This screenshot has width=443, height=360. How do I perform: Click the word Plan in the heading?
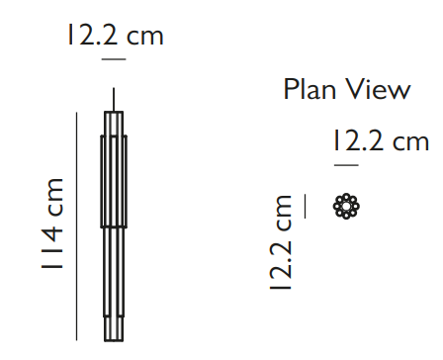pyautogui.click(x=310, y=89)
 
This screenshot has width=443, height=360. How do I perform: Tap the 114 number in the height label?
pyautogui.click(x=51, y=248)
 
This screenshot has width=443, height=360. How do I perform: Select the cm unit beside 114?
pyautogui.click(x=51, y=197)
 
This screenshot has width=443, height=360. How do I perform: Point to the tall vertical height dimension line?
pyautogui.click(x=76, y=226)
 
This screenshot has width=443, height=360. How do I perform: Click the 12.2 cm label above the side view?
pyautogui.click(x=116, y=35)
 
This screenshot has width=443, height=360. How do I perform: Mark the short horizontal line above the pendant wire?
pyautogui.click(x=114, y=59)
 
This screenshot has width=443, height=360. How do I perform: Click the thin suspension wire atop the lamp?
pyautogui.click(x=114, y=99)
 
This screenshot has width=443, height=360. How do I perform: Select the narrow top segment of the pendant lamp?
pyautogui.click(x=114, y=124)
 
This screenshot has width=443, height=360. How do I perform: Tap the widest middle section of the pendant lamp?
pyautogui.click(x=114, y=181)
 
